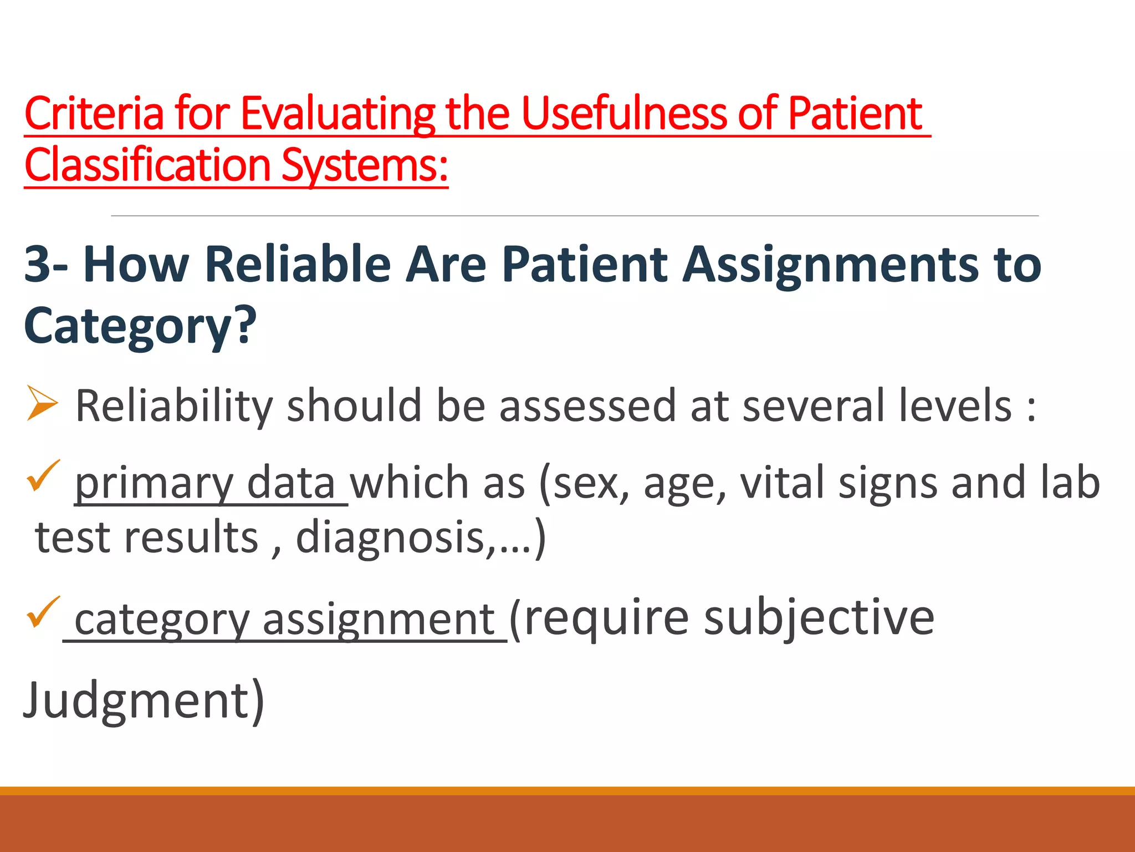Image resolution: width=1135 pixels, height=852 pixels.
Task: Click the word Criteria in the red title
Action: tap(94, 114)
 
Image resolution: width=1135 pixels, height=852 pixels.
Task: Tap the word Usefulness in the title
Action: tap(623, 114)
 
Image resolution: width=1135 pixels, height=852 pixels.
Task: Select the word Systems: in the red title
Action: tap(364, 165)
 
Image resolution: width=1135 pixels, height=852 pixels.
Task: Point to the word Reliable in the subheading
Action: tap(298, 265)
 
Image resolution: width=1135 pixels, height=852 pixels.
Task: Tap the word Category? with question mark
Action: tap(140, 326)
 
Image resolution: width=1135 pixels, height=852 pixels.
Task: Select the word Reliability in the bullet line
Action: tap(174, 407)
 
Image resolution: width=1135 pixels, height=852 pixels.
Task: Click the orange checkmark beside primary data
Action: tap(43, 476)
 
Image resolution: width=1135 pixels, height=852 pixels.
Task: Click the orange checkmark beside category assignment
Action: tap(43, 612)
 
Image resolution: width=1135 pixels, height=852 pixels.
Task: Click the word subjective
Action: tap(819, 618)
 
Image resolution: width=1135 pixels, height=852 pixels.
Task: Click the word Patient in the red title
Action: tap(855, 114)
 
